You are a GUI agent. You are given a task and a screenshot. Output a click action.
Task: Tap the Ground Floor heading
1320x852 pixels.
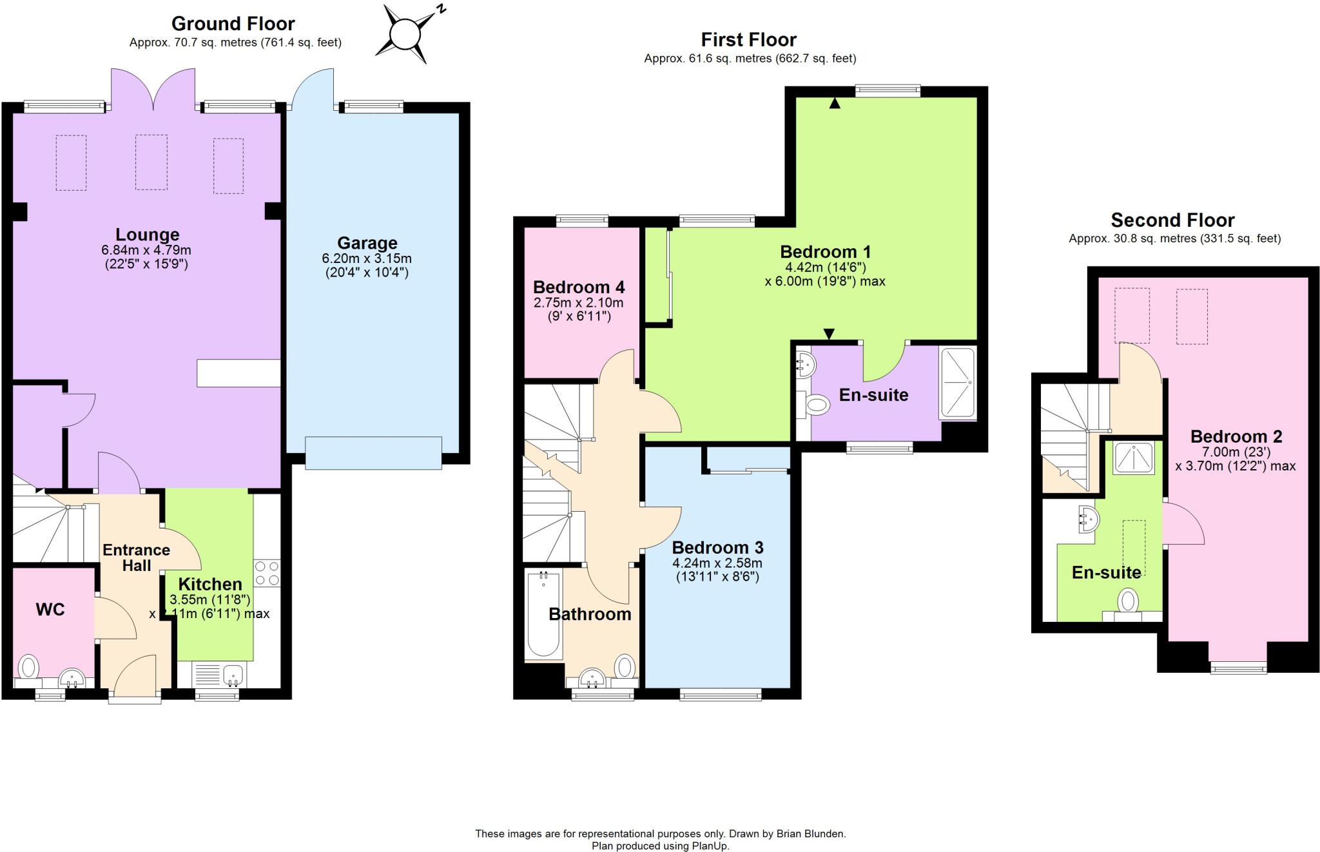point(233,24)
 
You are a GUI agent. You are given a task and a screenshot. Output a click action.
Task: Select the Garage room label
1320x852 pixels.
point(367,243)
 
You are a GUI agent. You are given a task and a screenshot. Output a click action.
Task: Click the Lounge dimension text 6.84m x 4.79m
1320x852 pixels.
point(146,250)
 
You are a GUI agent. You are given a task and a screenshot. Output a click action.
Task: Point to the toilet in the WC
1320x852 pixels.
point(28,666)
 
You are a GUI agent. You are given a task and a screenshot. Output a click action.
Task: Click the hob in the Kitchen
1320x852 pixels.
point(267,573)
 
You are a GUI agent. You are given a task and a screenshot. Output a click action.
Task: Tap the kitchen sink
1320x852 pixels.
point(233,675)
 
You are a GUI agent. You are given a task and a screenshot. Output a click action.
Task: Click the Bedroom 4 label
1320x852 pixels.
point(578,287)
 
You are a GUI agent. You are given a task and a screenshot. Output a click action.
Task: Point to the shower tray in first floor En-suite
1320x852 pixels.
point(958,383)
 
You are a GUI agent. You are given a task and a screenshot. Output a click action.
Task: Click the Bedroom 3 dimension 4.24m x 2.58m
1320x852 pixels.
point(717,563)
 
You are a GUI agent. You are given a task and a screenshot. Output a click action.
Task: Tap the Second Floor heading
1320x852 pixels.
point(1172,220)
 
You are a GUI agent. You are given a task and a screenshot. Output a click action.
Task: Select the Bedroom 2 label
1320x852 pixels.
point(1236,436)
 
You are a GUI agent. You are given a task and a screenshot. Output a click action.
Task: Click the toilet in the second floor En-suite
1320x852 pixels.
point(1127,602)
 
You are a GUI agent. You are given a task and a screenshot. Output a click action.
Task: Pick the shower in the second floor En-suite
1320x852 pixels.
point(1134,457)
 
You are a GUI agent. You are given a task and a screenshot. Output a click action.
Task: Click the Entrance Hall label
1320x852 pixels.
point(136,557)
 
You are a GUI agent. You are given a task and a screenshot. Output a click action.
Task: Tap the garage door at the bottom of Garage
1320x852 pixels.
point(373,452)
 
